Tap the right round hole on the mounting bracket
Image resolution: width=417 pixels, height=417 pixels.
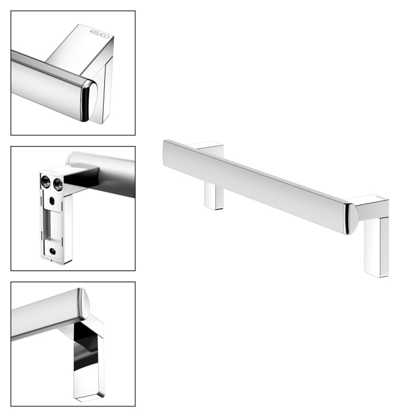tap(57, 183)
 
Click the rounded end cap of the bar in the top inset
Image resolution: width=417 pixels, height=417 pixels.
tap(88, 101)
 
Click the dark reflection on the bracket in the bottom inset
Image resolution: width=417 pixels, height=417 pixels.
tap(86, 345)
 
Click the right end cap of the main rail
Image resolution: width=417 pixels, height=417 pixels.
tap(351, 218)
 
